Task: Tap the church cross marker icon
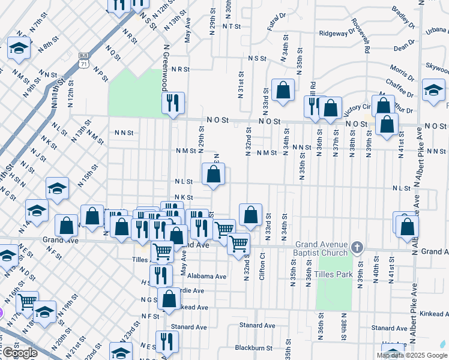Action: (357, 247)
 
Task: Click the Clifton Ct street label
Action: (262, 264)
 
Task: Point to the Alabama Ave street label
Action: (206, 277)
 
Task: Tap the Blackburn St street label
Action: (254, 347)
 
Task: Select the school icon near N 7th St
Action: (19, 49)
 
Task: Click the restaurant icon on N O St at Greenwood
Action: (173, 103)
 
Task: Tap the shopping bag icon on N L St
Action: (213, 175)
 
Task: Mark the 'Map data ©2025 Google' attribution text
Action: (411, 355)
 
